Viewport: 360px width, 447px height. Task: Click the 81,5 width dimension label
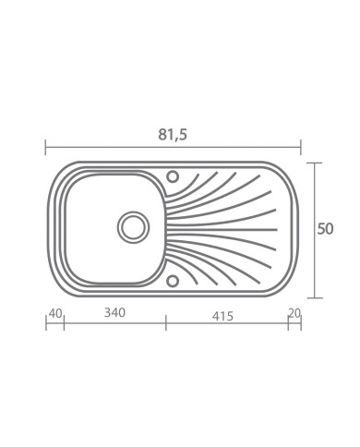tap(173, 135)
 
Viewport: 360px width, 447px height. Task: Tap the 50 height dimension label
tap(325, 229)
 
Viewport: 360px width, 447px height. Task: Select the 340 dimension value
tap(114, 313)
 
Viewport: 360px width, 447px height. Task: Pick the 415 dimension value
tap(222, 316)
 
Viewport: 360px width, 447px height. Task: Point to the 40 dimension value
tap(55, 313)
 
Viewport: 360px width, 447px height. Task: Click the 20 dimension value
tap(294, 313)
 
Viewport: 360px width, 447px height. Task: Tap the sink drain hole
tap(133, 227)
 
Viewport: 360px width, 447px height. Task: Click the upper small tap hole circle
tap(173, 176)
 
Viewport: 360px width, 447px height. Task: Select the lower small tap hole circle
tap(173, 281)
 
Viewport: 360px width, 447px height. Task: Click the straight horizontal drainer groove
tap(222, 230)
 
